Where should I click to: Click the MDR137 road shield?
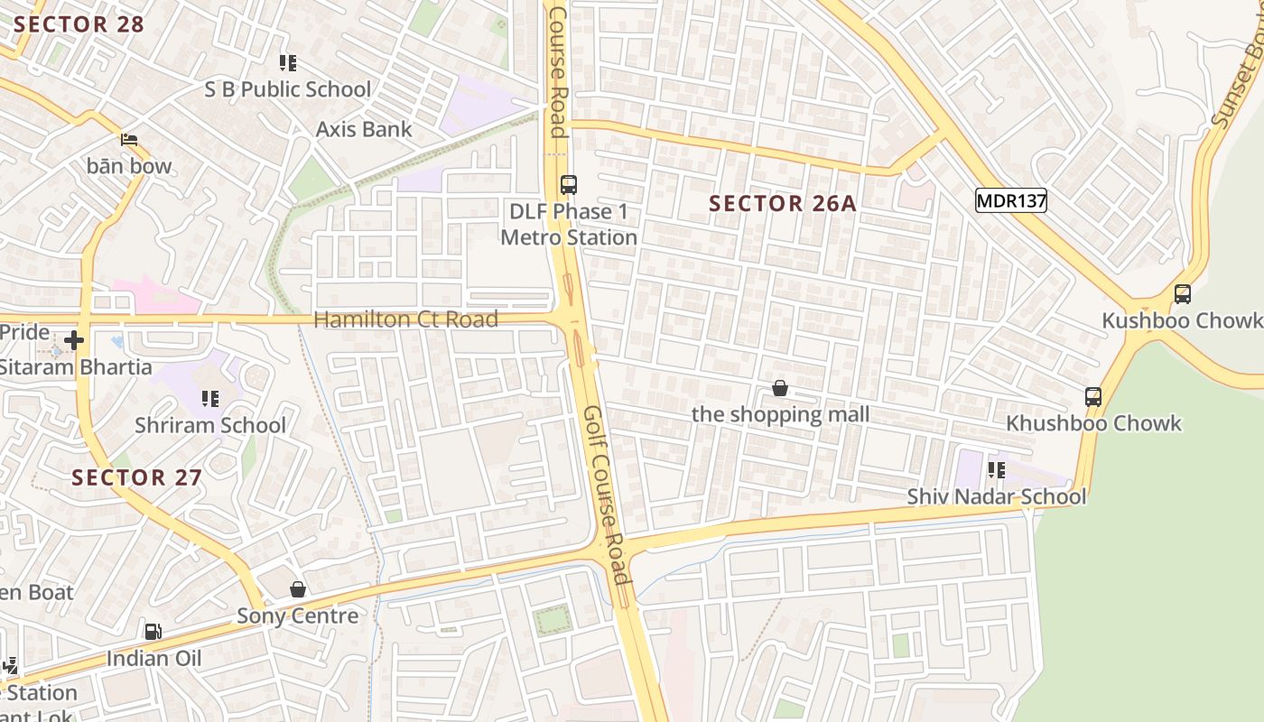click(1010, 200)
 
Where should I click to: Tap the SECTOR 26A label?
click(782, 204)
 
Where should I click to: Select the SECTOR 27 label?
click(136, 477)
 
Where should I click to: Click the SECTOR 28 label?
click(79, 24)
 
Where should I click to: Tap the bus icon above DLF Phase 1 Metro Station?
click(569, 185)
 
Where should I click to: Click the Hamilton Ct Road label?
click(405, 319)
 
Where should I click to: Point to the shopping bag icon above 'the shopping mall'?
click(780, 388)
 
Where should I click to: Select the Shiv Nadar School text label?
click(997, 496)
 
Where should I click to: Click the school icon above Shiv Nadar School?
click(997, 469)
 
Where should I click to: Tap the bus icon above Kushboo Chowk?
click(1182, 293)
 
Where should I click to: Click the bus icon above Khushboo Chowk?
click(1093, 396)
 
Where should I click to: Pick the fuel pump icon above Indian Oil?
click(153, 632)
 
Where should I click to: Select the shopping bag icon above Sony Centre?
click(297, 589)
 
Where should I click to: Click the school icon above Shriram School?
click(210, 398)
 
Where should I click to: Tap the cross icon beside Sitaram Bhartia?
click(74, 340)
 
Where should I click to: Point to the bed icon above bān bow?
click(129, 140)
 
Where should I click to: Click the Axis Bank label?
click(363, 129)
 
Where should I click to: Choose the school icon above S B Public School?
click(288, 63)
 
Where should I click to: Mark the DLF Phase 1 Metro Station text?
click(569, 225)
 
